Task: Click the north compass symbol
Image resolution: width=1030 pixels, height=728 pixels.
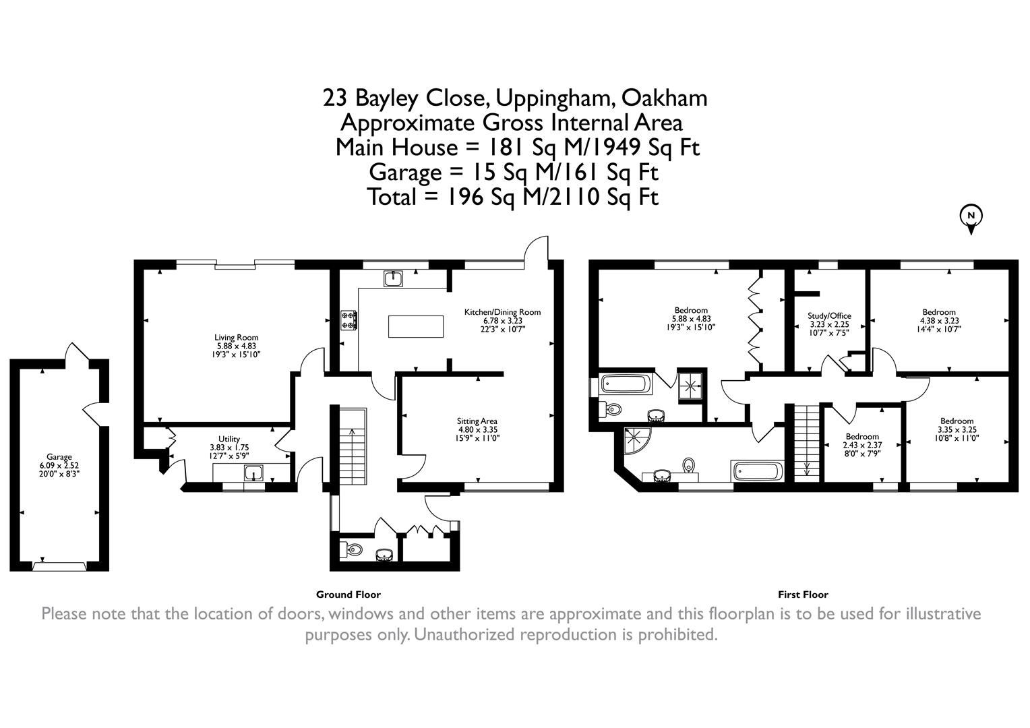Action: pyautogui.click(x=971, y=220)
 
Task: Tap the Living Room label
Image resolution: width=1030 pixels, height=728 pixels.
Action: pyautogui.click(x=237, y=346)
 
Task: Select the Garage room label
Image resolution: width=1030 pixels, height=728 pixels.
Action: pyautogui.click(x=59, y=465)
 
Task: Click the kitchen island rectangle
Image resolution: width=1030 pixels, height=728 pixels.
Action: pyautogui.click(x=416, y=326)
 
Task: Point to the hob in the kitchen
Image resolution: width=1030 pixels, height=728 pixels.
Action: pyautogui.click(x=349, y=320)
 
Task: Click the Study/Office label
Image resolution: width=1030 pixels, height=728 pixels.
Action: pyautogui.click(x=829, y=324)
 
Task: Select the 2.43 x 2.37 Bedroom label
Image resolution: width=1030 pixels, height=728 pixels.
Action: pyautogui.click(x=862, y=445)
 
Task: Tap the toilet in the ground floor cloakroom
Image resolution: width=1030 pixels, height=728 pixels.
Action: pyautogui.click(x=351, y=549)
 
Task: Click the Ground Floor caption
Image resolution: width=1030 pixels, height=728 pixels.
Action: pyautogui.click(x=348, y=595)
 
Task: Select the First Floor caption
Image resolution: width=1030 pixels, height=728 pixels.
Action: pyautogui.click(x=803, y=595)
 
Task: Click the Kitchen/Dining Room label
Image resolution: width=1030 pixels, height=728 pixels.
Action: pyautogui.click(x=502, y=321)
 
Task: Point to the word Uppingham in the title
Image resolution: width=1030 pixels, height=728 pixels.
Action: pyautogui.click(x=554, y=99)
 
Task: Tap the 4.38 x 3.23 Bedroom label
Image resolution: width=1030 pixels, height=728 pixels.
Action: pyautogui.click(x=938, y=321)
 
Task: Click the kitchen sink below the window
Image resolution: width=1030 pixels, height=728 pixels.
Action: pyautogui.click(x=393, y=278)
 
